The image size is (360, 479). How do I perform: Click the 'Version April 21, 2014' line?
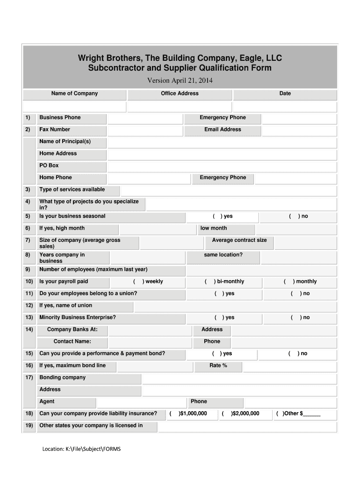pos(180,80)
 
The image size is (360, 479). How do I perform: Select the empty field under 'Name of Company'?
pos(75,107)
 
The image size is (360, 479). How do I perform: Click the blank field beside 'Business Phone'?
pos(145,118)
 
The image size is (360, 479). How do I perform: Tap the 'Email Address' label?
pos(223,130)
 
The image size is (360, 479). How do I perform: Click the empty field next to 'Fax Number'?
pos(145,131)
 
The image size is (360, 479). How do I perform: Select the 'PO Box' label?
pos(49,166)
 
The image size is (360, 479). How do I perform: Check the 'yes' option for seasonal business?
pos(216,216)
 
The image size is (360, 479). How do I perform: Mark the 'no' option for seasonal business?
pos(291,216)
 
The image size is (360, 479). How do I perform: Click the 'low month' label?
pos(214,228)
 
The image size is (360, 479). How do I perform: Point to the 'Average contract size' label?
pos(239,240)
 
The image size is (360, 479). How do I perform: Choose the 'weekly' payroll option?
pos(136,282)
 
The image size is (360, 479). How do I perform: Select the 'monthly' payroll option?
pos(287,282)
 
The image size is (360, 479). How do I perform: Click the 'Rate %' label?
pos(218,365)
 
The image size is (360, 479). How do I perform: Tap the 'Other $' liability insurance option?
pos(280,414)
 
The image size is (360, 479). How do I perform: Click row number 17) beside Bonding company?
pos(29,377)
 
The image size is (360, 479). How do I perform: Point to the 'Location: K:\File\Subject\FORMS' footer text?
pos(81,449)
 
